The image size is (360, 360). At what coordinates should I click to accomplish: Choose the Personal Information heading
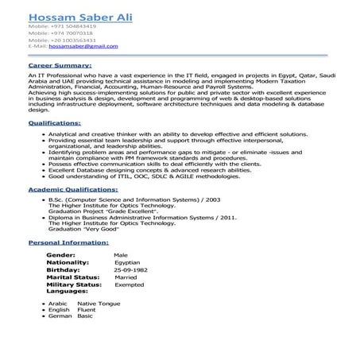pyautogui.click(x=67, y=241)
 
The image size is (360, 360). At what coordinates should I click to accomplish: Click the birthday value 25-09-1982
pyautogui.click(x=131, y=269)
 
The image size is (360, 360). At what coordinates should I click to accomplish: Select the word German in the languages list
pyautogui.click(x=60, y=316)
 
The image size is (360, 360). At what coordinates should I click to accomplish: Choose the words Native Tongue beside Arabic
pyautogui.click(x=99, y=304)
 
